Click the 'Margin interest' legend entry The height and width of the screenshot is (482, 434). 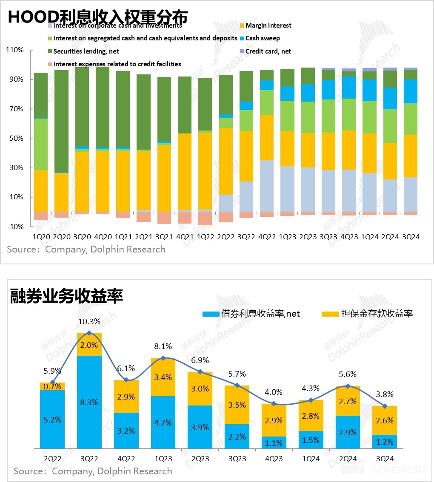tap(268, 26)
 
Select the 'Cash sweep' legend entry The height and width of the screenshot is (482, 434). tap(263, 38)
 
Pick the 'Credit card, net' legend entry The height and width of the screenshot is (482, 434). tap(268, 51)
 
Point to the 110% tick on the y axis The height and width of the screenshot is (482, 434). tap(15, 50)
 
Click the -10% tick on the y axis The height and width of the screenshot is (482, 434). tap(15, 227)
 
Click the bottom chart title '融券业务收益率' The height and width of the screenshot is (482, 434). tap(66, 296)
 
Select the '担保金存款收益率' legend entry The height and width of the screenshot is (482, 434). tap(377, 314)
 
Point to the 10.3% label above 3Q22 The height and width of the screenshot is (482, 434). tap(89, 322)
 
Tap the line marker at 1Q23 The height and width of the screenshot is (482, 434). tap(163, 358)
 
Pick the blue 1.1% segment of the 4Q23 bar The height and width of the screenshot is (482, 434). tap(274, 442)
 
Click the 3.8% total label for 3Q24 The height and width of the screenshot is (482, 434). tap(385, 394)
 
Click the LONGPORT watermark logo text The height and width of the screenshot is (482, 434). tap(400, 470)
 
